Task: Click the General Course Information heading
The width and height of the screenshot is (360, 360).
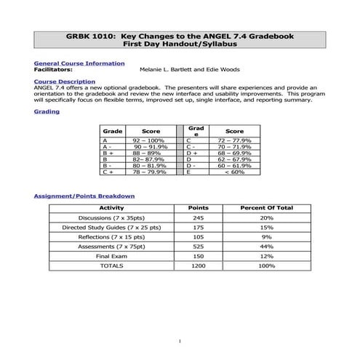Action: tap(79, 63)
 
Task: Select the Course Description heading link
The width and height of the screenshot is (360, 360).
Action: tap(64, 81)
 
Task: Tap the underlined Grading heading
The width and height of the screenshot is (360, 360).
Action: tap(47, 111)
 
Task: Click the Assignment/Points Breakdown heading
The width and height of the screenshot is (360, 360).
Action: tap(84, 196)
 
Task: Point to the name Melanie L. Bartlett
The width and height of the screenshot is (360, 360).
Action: tap(164, 70)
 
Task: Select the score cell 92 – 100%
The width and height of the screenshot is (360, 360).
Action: tap(145, 140)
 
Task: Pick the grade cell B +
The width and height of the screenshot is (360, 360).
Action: tap(108, 153)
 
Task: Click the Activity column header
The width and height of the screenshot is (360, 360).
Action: tap(111, 208)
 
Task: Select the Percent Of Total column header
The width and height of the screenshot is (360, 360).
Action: tap(266, 208)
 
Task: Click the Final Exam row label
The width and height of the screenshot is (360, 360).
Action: tap(111, 256)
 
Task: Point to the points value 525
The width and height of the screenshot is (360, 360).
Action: tap(199, 247)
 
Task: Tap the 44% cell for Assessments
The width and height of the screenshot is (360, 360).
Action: tap(266, 247)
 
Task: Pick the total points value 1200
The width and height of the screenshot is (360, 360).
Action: tap(199, 265)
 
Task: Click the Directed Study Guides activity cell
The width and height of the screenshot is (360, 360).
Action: tap(111, 228)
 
